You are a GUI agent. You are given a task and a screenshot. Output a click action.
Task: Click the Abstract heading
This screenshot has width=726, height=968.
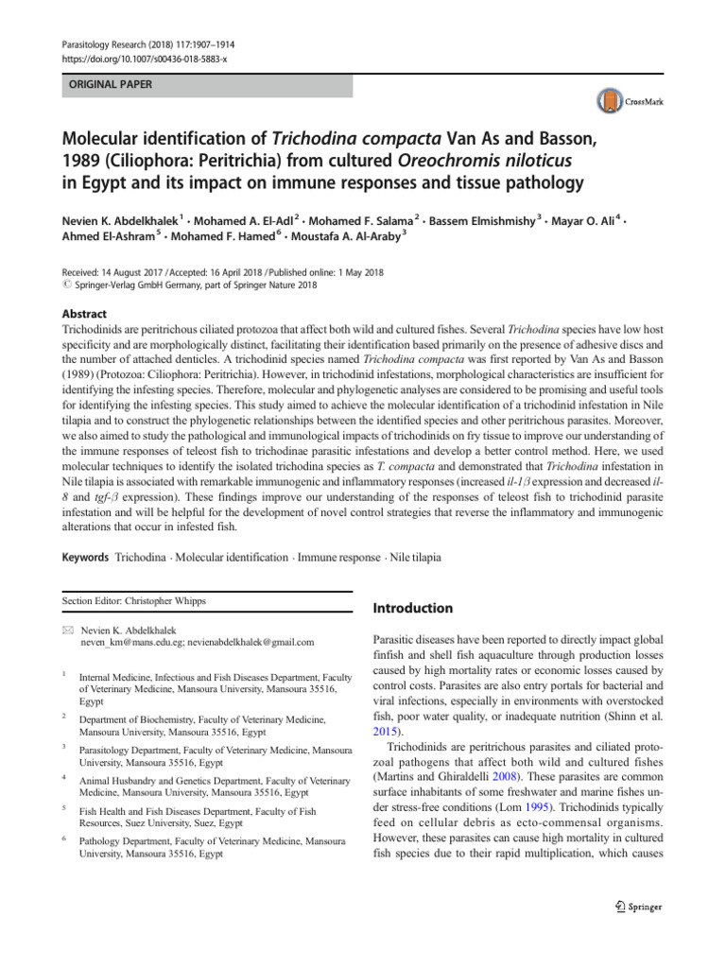click(84, 314)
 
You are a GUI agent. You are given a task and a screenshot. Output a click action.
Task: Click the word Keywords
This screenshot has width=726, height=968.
click(85, 558)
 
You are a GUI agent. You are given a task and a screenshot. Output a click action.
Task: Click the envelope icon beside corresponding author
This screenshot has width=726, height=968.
click(66, 629)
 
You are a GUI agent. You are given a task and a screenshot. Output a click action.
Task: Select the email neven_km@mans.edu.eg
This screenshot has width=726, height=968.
click(124, 642)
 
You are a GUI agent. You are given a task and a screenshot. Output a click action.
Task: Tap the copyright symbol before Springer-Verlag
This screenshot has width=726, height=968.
click(66, 285)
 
